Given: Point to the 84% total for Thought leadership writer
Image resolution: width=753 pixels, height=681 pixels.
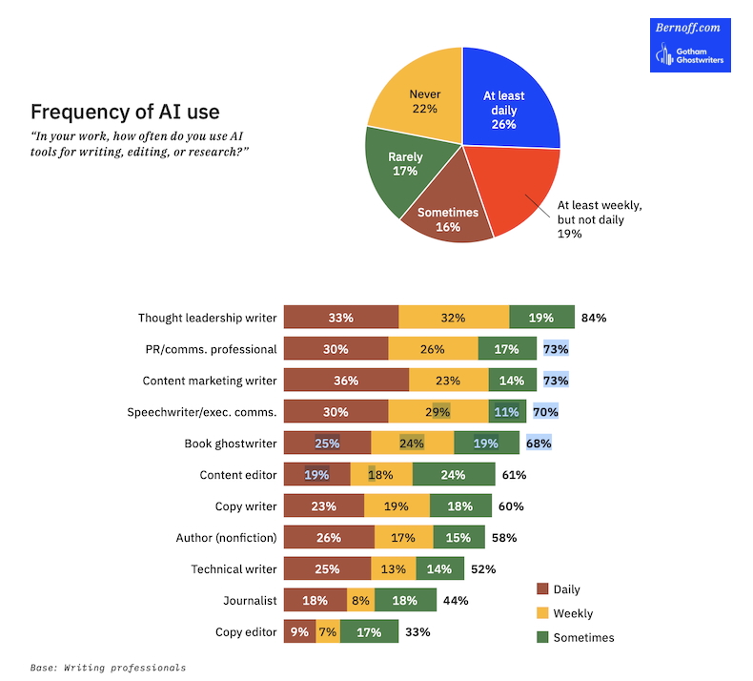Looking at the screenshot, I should point(594,318).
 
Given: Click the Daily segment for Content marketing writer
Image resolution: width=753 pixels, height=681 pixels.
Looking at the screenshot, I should point(346,381).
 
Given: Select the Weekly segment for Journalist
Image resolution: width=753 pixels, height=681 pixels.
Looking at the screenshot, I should point(360,601).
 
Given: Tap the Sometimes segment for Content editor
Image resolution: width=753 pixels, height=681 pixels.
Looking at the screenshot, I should point(454,475).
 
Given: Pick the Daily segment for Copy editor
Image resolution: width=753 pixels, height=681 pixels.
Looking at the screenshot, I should point(299,632).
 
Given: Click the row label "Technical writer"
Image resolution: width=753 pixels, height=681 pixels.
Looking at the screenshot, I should point(234,569).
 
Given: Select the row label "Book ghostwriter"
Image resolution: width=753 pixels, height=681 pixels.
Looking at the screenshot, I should point(231,444).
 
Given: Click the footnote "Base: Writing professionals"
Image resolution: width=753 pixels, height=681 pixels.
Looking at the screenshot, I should point(108,668).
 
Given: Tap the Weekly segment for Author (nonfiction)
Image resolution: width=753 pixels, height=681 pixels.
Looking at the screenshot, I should point(403,538).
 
